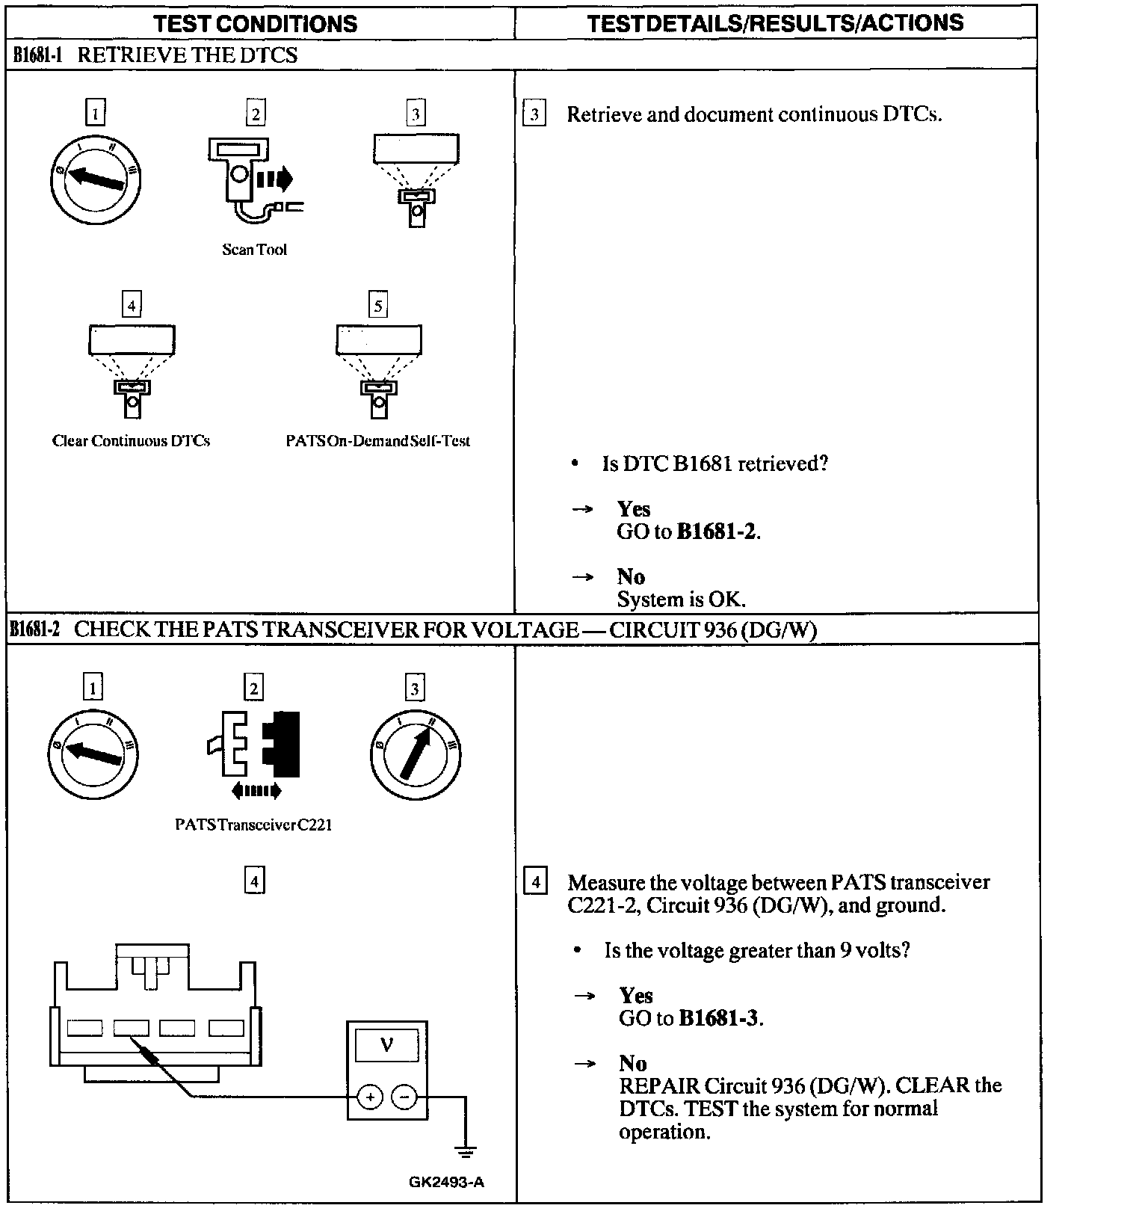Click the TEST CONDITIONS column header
256,23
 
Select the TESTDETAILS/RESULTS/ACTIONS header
775,23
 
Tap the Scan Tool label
254,250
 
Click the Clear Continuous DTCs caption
131,441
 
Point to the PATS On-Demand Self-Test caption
377,441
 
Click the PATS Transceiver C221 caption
253,825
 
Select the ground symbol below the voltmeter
466,1151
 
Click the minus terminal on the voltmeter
404,1097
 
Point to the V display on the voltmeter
386,1044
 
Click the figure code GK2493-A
446,1182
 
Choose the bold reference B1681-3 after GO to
720,1018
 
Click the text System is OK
681,600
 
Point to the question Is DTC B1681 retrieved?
715,463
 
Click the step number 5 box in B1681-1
378,305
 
